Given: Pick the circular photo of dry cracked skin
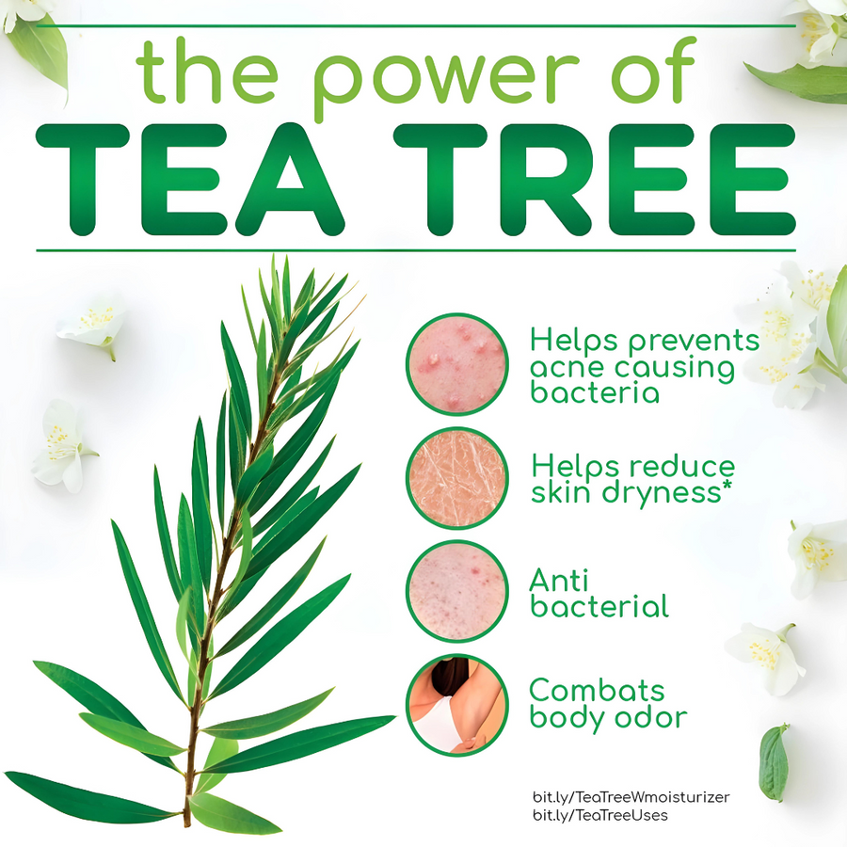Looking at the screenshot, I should click(457, 478).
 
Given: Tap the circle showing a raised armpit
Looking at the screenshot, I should click(457, 705).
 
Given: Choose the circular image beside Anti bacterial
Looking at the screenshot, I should click(457, 592).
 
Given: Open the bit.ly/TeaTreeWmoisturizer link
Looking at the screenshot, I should click(631, 797).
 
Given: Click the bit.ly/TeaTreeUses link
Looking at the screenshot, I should click(600, 815).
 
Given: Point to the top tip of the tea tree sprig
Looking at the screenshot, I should click(274, 259).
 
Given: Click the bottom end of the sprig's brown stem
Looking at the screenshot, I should click(186, 823).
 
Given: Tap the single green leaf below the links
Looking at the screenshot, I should click(774, 762).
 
